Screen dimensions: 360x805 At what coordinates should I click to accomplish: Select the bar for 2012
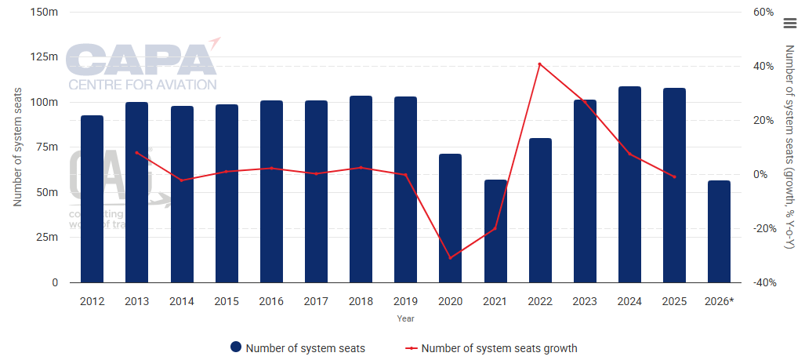click(x=92, y=199)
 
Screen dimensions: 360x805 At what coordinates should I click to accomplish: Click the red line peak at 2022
click(x=540, y=64)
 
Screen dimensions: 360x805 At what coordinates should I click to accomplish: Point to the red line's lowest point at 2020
click(x=450, y=257)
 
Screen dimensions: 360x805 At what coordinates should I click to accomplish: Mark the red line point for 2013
click(x=136, y=152)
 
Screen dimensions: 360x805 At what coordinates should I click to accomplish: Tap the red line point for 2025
click(x=674, y=176)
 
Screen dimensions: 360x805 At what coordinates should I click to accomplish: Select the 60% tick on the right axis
click(x=764, y=12)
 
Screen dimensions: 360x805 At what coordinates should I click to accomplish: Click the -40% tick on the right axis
click(x=763, y=283)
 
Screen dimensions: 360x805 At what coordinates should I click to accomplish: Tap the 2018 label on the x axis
click(x=361, y=300)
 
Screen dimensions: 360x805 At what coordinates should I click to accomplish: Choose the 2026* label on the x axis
click(x=720, y=300)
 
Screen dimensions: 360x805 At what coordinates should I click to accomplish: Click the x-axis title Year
click(x=405, y=318)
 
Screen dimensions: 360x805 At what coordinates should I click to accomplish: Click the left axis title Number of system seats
click(x=16, y=147)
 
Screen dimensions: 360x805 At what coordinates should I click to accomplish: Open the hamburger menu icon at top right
click(x=789, y=24)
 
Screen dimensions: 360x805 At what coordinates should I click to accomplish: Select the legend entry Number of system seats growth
click(x=499, y=347)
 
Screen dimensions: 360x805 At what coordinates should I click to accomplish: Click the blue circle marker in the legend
click(x=235, y=347)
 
